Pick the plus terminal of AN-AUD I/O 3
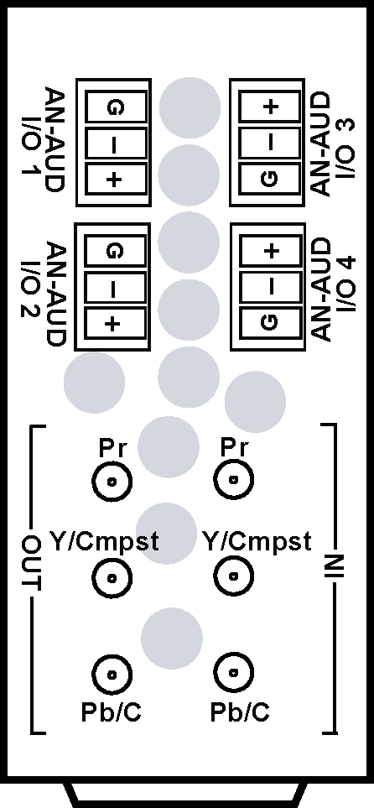270,107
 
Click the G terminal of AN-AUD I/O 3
270,178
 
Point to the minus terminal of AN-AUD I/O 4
271,286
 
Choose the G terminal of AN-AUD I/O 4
271,322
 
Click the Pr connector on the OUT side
112,481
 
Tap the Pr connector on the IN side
234,480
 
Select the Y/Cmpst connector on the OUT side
112,577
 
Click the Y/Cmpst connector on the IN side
234,576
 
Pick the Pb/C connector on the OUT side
112,674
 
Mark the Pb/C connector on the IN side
234,672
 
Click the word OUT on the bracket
32,562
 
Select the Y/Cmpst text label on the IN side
257,541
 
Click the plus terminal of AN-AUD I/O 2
114,324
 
